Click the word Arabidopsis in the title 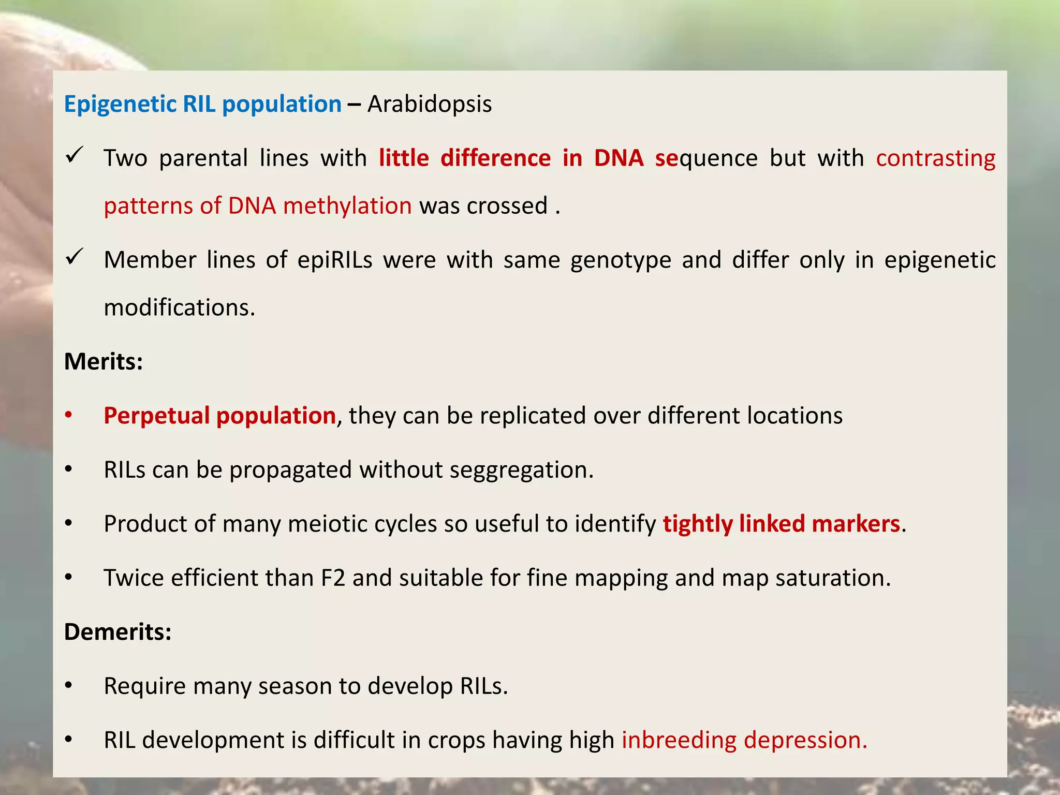pos(429,105)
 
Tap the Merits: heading pos(103,361)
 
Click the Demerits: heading pos(117,632)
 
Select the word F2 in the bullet pos(332,578)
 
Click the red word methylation pos(347,206)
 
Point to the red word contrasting pos(935,158)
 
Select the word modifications pos(179,308)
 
